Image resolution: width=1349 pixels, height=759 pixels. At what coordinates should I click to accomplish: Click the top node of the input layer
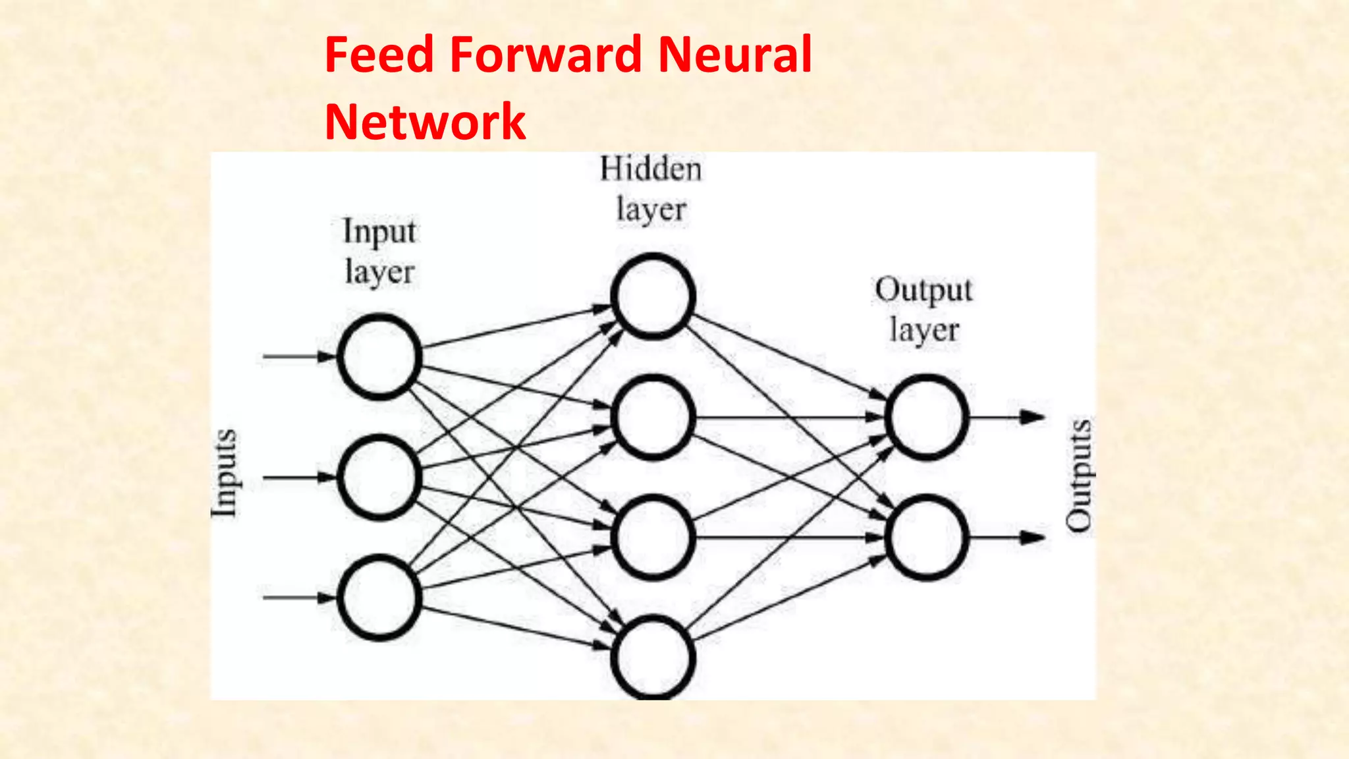(379, 356)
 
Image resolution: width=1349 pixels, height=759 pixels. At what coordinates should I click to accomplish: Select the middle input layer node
(379, 477)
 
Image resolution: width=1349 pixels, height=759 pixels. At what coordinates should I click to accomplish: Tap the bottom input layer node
(379, 598)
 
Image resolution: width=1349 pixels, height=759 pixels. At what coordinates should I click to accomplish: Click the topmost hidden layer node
(653, 296)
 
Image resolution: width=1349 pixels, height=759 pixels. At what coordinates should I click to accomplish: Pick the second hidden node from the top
(653, 417)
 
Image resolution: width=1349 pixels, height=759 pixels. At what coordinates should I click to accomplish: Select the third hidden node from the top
(653, 538)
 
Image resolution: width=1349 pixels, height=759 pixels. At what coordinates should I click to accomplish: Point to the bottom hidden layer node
(653, 658)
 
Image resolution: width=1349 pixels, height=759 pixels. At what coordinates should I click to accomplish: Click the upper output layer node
(926, 417)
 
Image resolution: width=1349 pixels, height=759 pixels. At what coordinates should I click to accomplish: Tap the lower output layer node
(926, 538)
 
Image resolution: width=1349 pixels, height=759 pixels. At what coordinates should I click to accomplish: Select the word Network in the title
(426, 122)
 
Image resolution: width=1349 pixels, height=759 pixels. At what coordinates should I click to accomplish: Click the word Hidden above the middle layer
(651, 169)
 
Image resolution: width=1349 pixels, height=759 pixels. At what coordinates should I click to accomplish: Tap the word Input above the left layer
(379, 232)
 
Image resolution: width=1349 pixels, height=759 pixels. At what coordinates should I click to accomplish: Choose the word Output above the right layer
(923, 291)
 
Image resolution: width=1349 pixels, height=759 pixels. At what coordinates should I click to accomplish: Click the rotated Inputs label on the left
(224, 473)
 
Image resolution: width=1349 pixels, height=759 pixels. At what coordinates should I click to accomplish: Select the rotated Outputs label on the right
(1079, 474)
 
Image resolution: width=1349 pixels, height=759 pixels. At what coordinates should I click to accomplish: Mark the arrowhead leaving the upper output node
(1032, 417)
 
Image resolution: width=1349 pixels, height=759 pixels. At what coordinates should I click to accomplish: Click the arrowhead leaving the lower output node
(1032, 538)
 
